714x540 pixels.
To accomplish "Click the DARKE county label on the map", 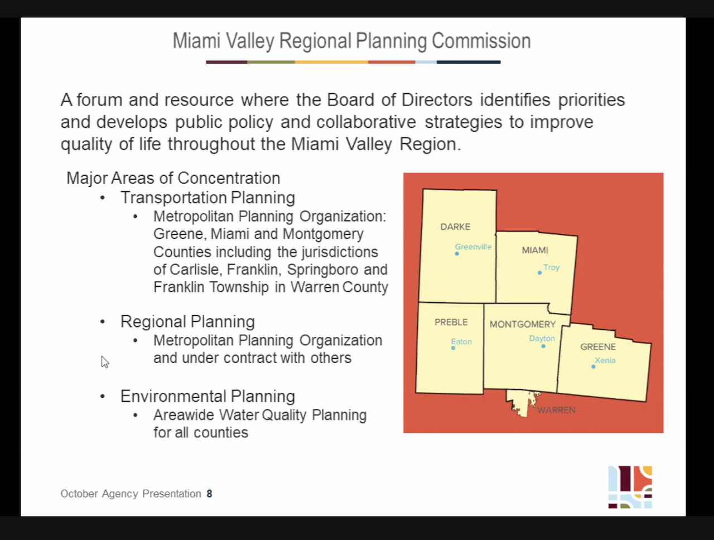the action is pos(455,226).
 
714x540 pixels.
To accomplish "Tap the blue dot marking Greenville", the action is pos(457,254).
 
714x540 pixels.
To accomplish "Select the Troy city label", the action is pos(551,267).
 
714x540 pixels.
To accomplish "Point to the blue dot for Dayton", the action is pos(543,346).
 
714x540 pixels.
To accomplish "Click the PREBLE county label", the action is pos(451,322).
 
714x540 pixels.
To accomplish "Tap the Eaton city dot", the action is pos(453,348).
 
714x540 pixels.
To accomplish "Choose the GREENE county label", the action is pos(598,347).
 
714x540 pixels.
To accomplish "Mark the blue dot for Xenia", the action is pos(594,367).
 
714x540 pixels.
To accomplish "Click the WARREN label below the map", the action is pos(556,410).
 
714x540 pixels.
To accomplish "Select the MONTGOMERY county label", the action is pos(523,324).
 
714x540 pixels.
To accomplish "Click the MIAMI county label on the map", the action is pos(535,250).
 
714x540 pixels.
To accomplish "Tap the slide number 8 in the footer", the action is pos(210,494).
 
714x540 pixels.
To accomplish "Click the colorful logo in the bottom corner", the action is pos(630,487).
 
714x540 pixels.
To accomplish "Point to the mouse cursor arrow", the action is pos(105,362).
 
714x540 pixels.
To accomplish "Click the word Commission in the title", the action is pos(481,41).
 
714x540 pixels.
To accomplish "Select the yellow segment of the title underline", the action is pos(331,62).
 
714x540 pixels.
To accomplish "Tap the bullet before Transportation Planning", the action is pos(103,198).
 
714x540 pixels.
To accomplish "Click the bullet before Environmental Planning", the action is pos(103,397).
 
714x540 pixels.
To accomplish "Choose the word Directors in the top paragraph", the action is pos(437,100).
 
